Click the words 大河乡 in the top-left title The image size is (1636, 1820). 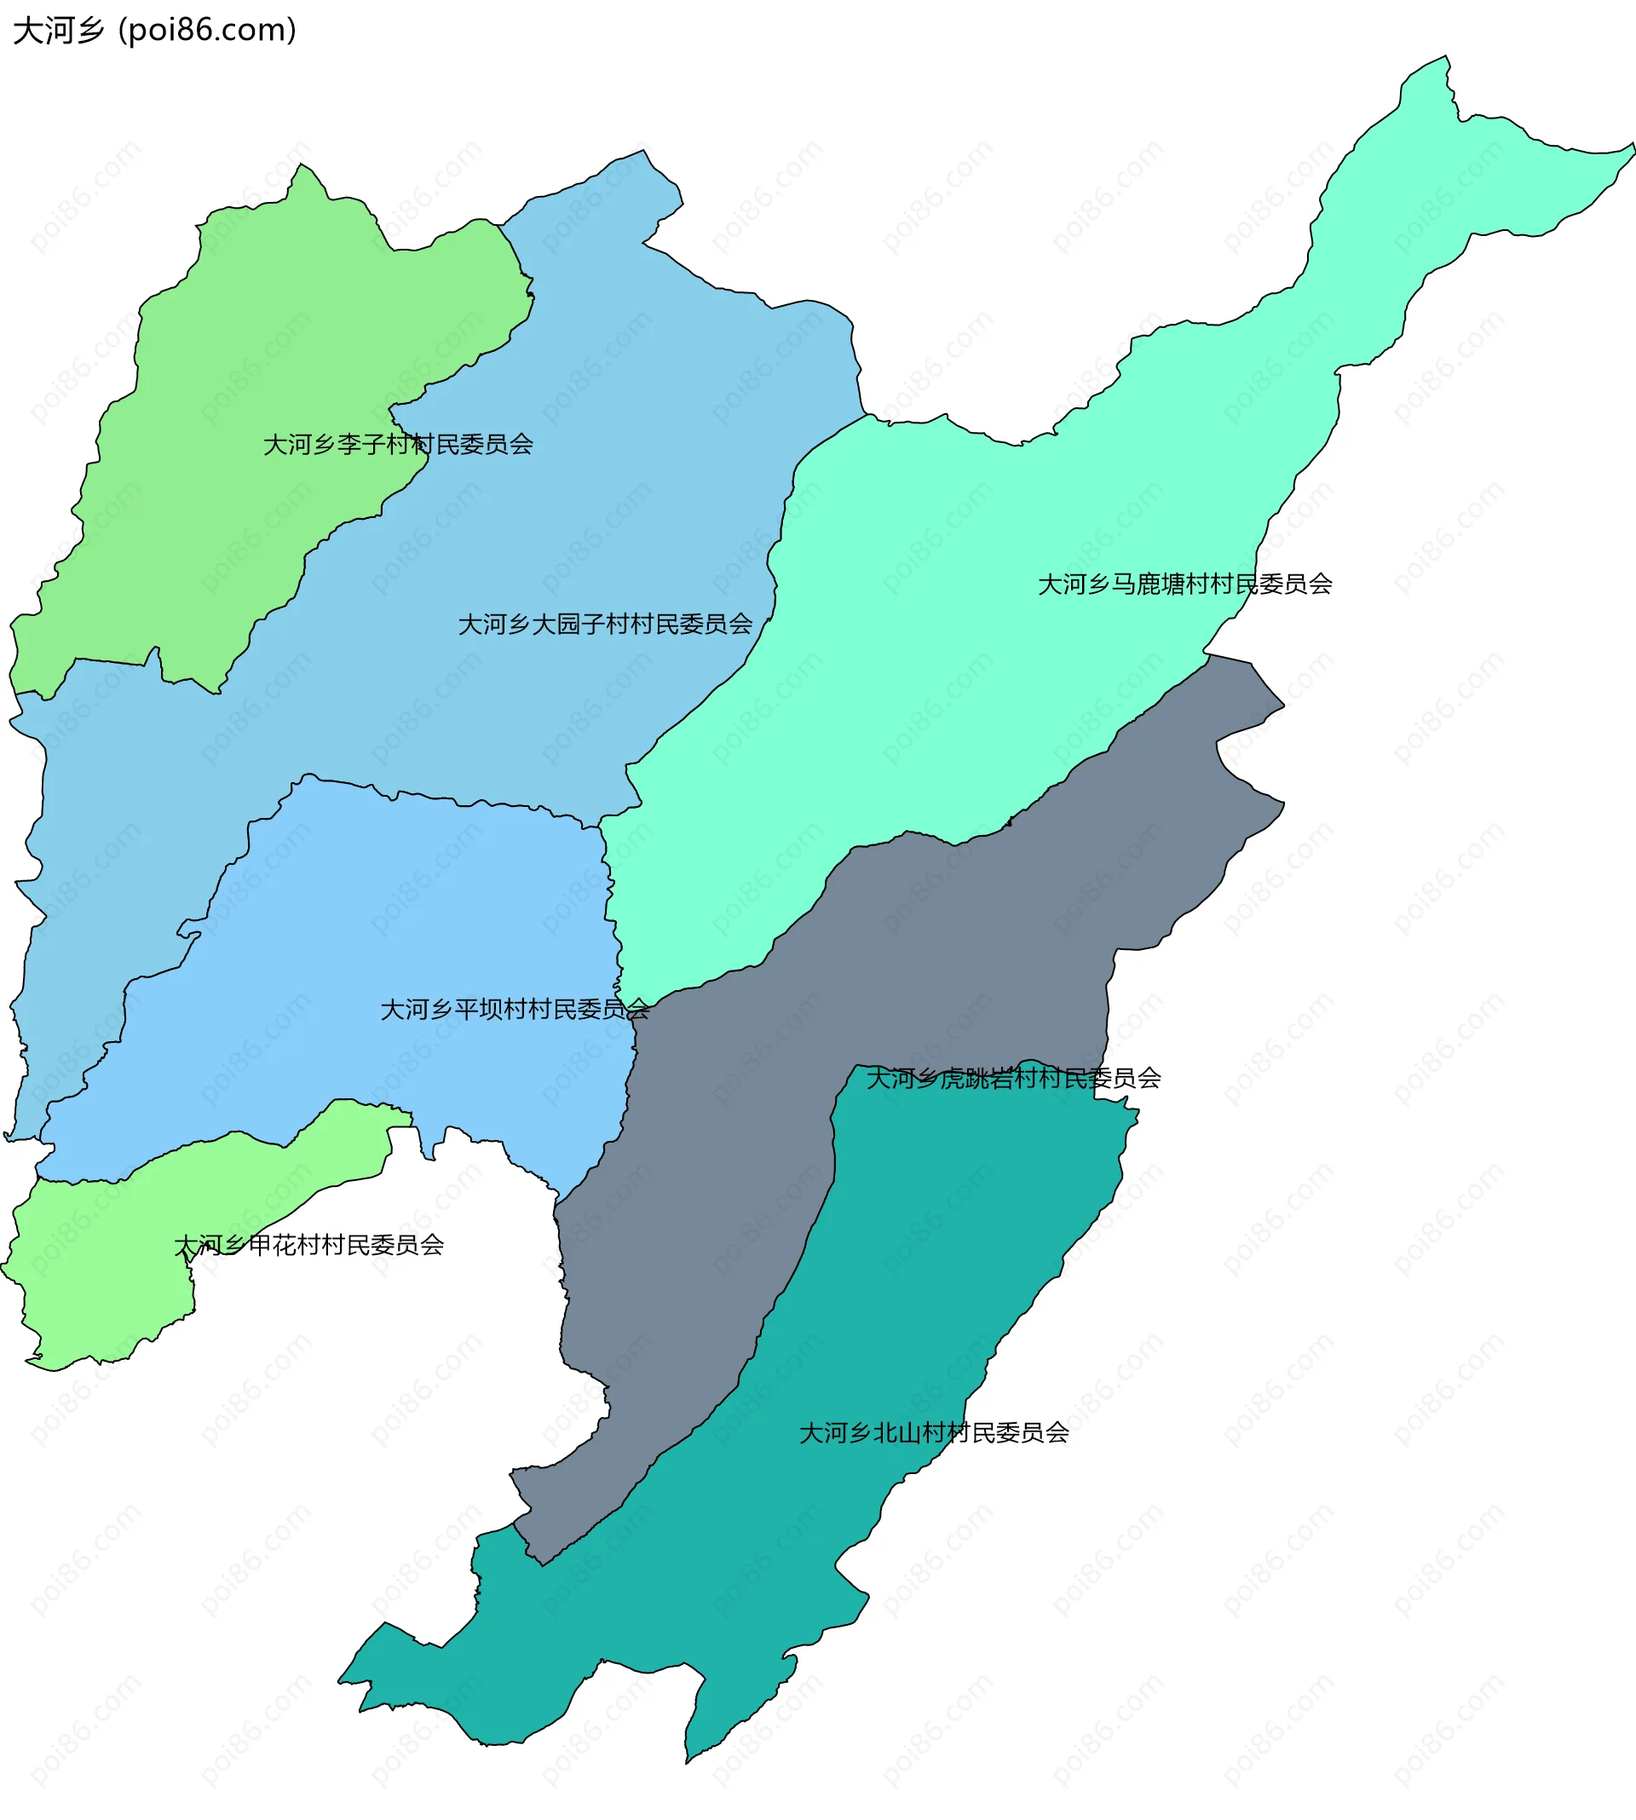[59, 32]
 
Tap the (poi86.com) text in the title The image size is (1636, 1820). [208, 32]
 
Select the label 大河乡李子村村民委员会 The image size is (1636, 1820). [397, 444]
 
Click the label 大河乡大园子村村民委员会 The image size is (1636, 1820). [605, 624]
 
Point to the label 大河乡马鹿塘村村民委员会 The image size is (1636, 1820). [1184, 585]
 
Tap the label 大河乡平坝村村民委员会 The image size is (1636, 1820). [514, 1010]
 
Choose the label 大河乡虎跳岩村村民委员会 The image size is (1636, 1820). [1013, 1078]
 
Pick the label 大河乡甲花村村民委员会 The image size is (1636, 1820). [308, 1245]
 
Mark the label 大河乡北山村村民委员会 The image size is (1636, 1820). [934, 1432]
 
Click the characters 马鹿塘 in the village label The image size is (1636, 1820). [1149, 585]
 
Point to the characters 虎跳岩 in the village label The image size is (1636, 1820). [977, 1078]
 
